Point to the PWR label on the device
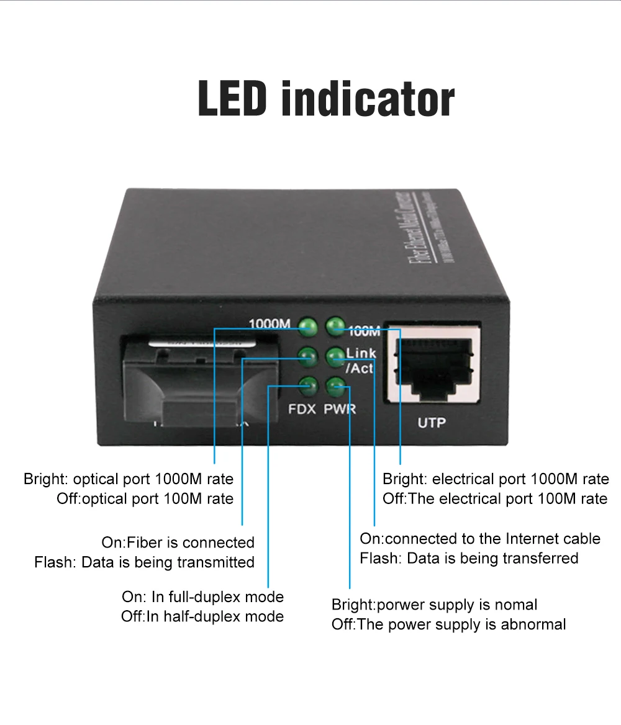click(x=340, y=410)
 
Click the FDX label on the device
click(x=302, y=410)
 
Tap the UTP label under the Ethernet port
click(x=432, y=423)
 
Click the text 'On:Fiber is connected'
click(x=178, y=543)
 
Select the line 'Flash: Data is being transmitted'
click(x=144, y=562)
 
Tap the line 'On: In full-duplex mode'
click(x=202, y=597)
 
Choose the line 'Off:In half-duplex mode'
click(x=202, y=617)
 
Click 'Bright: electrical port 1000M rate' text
click(x=496, y=479)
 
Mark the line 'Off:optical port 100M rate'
click(x=145, y=499)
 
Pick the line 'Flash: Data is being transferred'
click(x=469, y=558)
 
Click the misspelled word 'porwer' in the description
click(x=398, y=605)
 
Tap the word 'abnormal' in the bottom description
click(x=535, y=624)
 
